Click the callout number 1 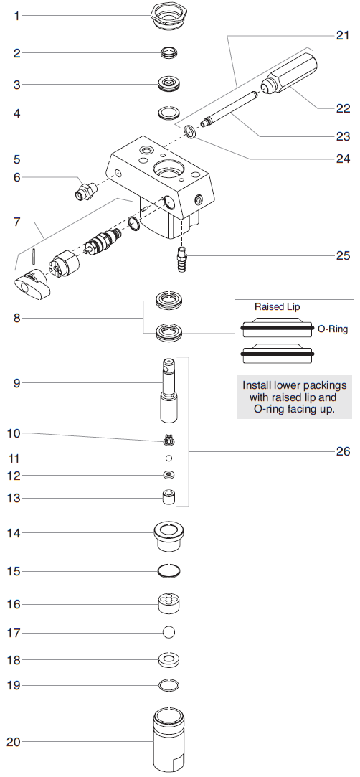pyautogui.click(x=17, y=15)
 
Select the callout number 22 pyautogui.click(x=343, y=108)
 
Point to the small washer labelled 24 pyautogui.click(x=191, y=131)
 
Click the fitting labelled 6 pyautogui.click(x=85, y=192)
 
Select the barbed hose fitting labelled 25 pyautogui.click(x=181, y=255)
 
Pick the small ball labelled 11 pyautogui.click(x=169, y=457)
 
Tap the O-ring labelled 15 pyautogui.click(x=169, y=571)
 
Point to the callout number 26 pyautogui.click(x=343, y=451)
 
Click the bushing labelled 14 pyautogui.click(x=169, y=535)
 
